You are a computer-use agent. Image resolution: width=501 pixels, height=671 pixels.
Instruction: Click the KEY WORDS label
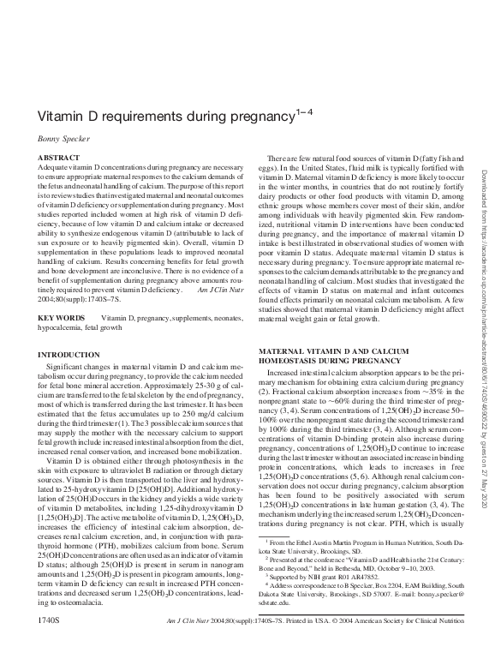point(62,317)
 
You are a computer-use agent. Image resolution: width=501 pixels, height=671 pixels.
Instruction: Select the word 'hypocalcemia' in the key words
point(65,327)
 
